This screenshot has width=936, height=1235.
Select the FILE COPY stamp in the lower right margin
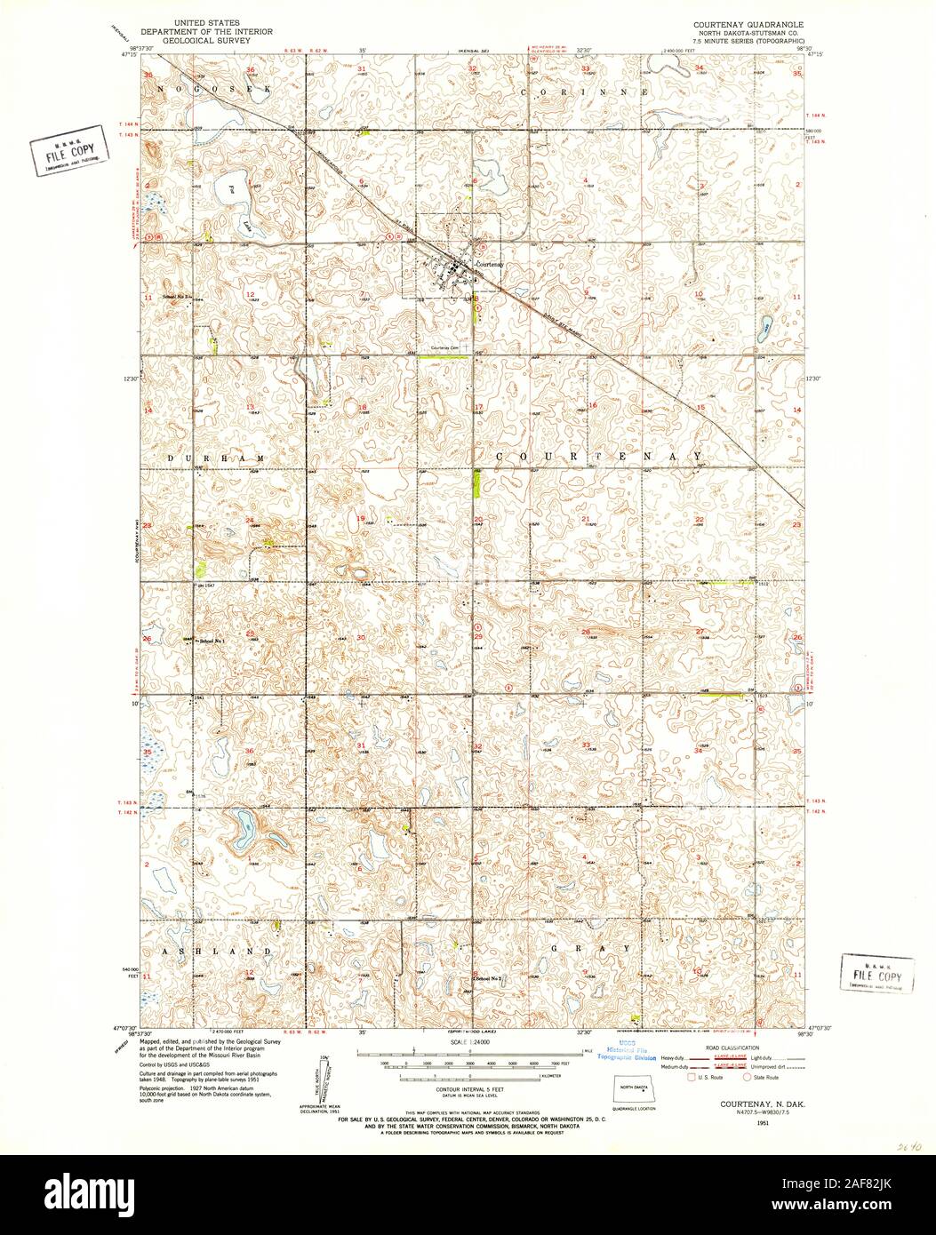[876, 972]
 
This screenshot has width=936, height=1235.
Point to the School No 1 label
[212, 641]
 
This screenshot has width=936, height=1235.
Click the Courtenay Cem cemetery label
[444, 347]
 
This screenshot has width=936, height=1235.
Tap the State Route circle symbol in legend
[748, 1077]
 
